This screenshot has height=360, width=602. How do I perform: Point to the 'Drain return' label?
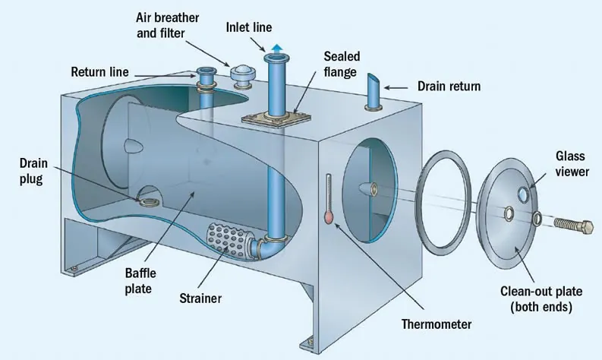click(x=449, y=87)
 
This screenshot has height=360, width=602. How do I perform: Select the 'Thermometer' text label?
click(x=437, y=324)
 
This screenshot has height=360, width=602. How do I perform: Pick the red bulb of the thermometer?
click(x=329, y=218)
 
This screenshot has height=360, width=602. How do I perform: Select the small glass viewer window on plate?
click(x=523, y=196)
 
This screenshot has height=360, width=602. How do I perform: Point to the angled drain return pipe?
click(x=373, y=93)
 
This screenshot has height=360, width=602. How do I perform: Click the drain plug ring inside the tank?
click(x=147, y=201)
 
